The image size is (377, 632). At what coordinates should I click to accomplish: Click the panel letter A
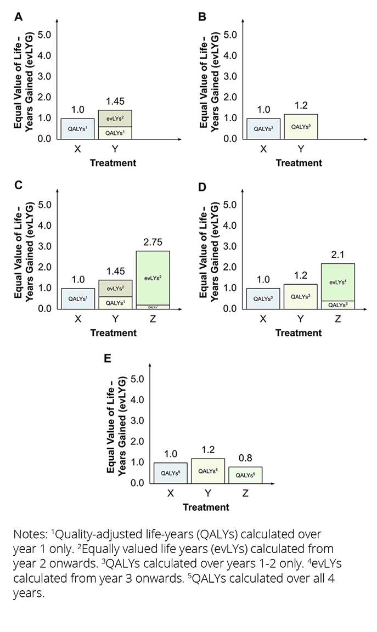[18, 17]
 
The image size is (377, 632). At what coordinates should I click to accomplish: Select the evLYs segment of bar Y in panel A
[115, 119]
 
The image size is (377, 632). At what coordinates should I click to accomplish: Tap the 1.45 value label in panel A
[115, 101]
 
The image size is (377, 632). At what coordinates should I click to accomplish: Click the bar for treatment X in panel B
[263, 128]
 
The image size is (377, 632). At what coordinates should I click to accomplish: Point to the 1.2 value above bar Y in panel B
[301, 105]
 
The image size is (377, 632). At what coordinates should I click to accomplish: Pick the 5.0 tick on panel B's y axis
[230, 35]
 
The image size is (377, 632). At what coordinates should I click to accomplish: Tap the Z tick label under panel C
[153, 319]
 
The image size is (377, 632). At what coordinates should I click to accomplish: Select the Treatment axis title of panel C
[113, 332]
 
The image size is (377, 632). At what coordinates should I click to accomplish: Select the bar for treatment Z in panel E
[245, 475]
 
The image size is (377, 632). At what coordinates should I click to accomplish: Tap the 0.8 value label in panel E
[245, 458]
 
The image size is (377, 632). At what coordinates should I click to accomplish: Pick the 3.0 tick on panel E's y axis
[138, 420]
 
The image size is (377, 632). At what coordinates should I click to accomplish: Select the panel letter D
[202, 187]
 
